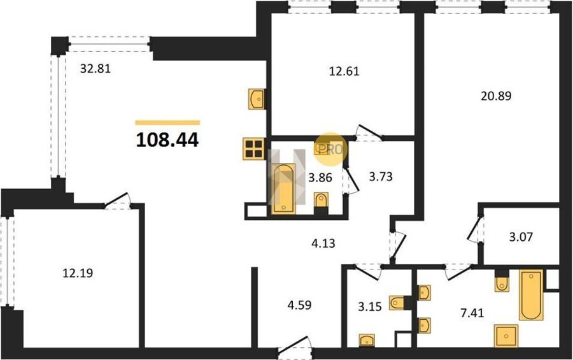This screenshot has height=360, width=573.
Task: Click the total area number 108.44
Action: click(x=167, y=140)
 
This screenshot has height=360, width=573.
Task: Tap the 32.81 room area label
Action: click(x=95, y=68)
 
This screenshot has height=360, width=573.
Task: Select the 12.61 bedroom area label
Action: click(x=344, y=71)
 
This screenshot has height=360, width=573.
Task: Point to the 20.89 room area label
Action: click(x=496, y=96)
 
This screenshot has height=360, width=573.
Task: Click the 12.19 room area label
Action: click(x=78, y=273)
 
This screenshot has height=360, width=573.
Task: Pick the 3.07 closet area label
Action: click(x=521, y=237)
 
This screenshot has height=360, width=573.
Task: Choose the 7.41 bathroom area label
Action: click(x=472, y=313)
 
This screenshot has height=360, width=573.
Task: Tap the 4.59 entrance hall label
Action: click(x=299, y=305)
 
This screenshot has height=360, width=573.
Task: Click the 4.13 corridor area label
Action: click(x=323, y=243)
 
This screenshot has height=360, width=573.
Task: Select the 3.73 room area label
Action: click(x=381, y=176)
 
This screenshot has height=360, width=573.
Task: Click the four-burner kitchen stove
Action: click(x=253, y=148)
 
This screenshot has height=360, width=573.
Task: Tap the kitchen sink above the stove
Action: click(x=257, y=99)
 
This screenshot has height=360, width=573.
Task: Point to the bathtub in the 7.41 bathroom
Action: click(x=531, y=295)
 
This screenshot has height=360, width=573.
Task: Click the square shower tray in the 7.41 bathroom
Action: click(x=506, y=336)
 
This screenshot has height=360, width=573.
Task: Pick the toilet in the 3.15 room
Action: click(x=397, y=303)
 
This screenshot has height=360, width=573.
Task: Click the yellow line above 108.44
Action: click(x=167, y=122)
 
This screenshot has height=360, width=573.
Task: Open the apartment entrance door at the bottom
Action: click(x=295, y=346)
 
